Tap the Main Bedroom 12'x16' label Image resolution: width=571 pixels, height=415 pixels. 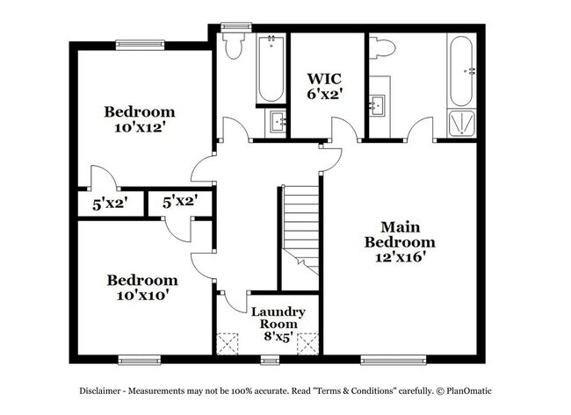coord(401,241)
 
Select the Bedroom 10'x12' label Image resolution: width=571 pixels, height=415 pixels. coord(140,119)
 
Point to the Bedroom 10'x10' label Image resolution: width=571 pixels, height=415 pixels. coord(141,288)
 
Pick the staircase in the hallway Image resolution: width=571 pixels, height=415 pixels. coord(300,224)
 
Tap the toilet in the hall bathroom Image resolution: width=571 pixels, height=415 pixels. coord(234,46)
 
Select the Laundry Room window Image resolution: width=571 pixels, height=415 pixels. coord(271,358)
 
